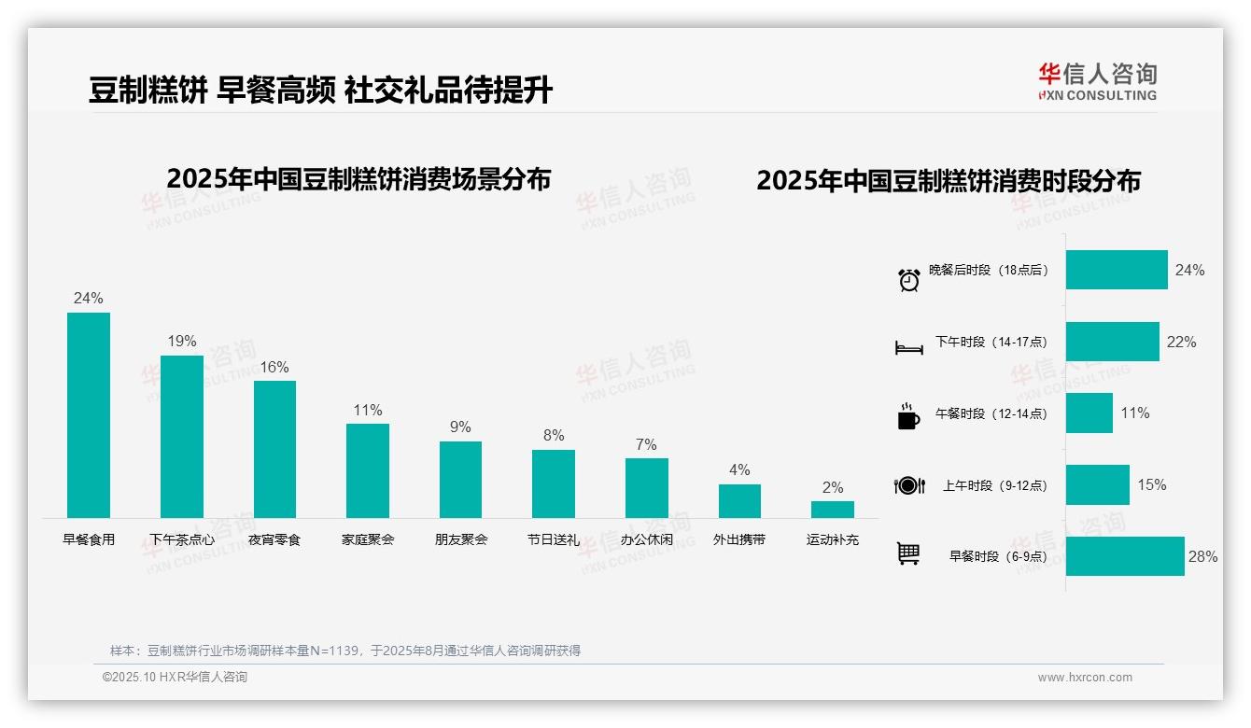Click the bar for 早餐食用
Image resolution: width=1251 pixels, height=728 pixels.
point(89,414)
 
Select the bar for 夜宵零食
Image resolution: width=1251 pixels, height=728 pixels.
point(274,449)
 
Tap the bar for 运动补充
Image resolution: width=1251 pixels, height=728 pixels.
point(832,510)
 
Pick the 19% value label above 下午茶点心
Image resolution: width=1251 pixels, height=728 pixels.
point(182,342)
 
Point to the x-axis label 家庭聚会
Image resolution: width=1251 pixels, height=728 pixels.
point(368,539)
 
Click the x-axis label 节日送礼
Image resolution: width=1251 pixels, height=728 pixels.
point(554,539)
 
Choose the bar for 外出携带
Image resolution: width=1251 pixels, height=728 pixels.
point(739,501)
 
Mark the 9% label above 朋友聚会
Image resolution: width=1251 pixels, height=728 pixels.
point(460,427)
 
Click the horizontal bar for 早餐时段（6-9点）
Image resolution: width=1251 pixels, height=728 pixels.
point(1125,556)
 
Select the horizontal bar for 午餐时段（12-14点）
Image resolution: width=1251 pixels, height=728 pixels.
point(1089,413)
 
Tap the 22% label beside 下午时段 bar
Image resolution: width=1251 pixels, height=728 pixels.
point(1181,342)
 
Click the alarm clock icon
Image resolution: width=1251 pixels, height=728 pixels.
point(908,279)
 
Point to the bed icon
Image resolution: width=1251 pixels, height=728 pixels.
point(908,348)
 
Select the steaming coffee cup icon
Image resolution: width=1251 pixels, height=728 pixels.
point(908,416)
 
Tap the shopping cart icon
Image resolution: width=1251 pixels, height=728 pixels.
point(908,553)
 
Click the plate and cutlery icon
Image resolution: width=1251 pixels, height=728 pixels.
point(908,485)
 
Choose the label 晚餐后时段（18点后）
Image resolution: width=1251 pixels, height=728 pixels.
point(989,271)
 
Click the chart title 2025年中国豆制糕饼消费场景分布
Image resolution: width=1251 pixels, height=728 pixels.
point(358,179)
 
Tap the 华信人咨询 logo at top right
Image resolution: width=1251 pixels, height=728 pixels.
point(1097,81)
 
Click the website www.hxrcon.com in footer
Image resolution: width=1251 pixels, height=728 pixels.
point(1085,678)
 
